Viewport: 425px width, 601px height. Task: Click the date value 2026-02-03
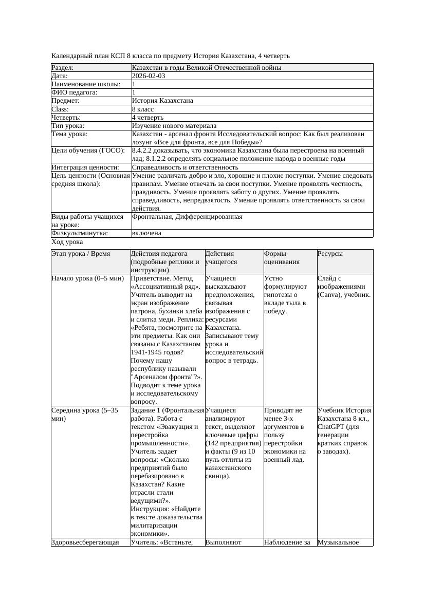(149, 76)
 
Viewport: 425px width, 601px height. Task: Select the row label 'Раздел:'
(63, 68)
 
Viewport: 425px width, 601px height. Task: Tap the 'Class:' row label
(60, 109)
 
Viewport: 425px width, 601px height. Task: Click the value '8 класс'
(143, 109)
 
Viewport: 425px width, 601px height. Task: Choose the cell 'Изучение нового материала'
(174, 126)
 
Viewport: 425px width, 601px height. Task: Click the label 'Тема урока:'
(69, 134)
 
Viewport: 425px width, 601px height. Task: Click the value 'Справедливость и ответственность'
(185, 167)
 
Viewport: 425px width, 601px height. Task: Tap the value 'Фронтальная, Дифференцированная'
(187, 217)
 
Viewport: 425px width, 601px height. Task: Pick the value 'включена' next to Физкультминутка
(146, 233)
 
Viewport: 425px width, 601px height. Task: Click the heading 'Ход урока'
(67, 242)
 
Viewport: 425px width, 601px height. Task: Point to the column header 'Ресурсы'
(330, 254)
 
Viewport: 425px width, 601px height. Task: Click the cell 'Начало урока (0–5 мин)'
(88, 278)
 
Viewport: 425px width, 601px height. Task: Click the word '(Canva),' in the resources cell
(331, 295)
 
